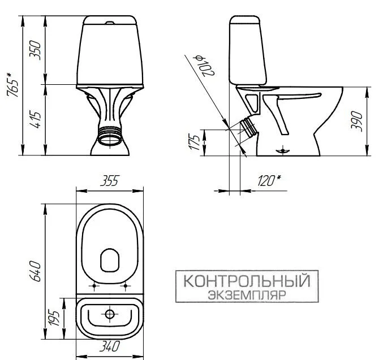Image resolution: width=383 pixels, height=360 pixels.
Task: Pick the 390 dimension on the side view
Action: pos(356,120)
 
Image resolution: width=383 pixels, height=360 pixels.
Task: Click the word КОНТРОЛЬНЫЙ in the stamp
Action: pos(246,281)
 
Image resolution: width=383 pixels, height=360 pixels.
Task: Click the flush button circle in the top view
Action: pos(110,314)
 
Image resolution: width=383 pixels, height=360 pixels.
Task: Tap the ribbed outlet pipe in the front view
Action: pos(110,136)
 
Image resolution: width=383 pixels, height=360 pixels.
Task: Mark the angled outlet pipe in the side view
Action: pos(247,127)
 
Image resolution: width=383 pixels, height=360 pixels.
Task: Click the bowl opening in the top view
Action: pos(110,260)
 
